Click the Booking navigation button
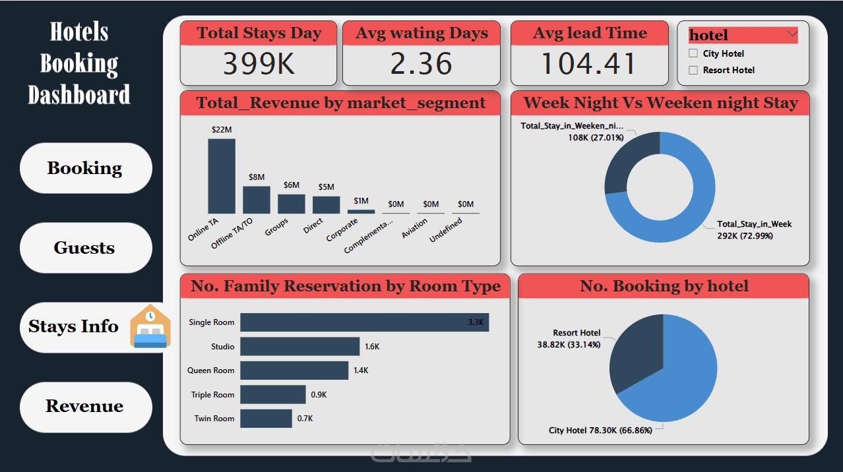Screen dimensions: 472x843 tap(86, 168)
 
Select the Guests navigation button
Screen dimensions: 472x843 tap(86, 248)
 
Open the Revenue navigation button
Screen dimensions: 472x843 tap(86, 406)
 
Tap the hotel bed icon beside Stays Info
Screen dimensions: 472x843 tap(150, 326)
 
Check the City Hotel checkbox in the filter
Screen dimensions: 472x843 tap(693, 53)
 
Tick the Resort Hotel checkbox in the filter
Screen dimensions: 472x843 tap(693, 70)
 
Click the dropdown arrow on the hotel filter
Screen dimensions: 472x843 tap(792, 34)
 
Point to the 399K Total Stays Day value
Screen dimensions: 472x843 tap(258, 64)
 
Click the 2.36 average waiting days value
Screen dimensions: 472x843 tap(421, 64)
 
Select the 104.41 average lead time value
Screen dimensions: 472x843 tap(589, 64)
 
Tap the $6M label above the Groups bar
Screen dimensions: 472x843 tap(292, 185)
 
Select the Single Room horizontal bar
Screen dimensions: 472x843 tap(364, 322)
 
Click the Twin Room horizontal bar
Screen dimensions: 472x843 tap(266, 419)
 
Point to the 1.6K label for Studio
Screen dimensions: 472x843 tap(372, 346)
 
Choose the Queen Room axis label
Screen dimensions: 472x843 tap(211, 370)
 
